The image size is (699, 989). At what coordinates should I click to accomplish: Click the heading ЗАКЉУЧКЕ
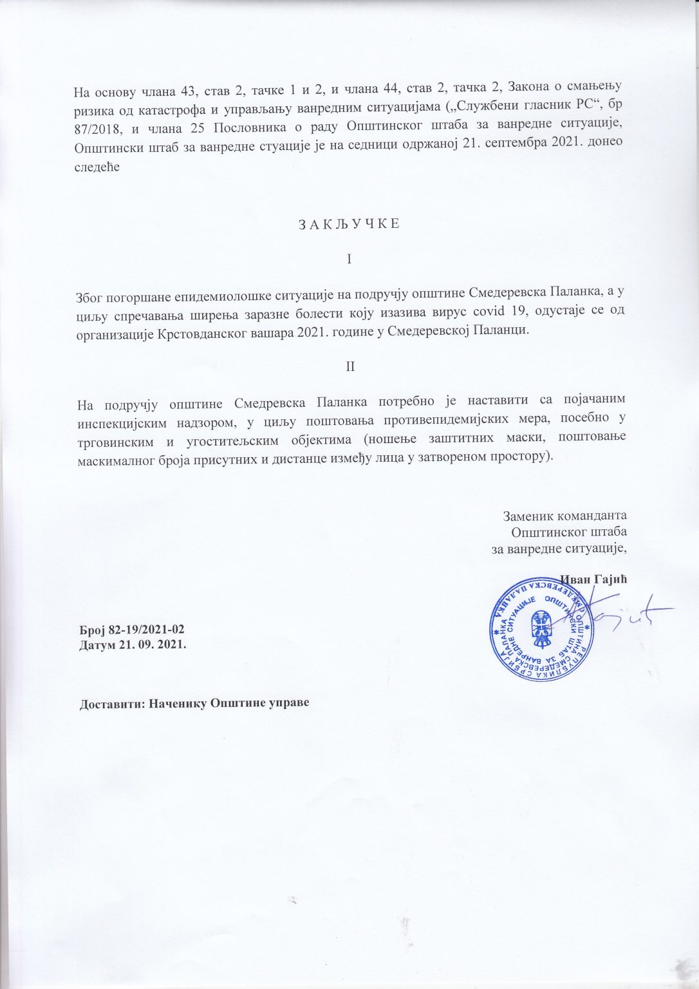[349, 223]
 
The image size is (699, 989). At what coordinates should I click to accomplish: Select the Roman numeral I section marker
[349, 259]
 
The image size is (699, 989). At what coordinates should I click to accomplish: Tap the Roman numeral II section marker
[350, 366]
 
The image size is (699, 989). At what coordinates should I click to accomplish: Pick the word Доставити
[110, 702]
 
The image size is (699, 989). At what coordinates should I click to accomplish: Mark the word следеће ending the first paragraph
[97, 166]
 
